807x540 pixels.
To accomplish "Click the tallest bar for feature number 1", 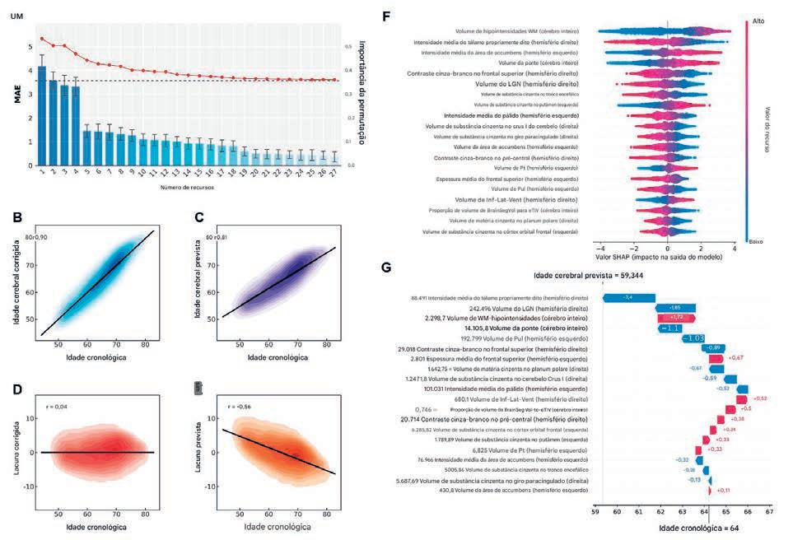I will click(x=42, y=115).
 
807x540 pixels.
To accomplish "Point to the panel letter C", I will click(x=198, y=220).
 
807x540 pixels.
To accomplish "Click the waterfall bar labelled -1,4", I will click(x=628, y=297).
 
